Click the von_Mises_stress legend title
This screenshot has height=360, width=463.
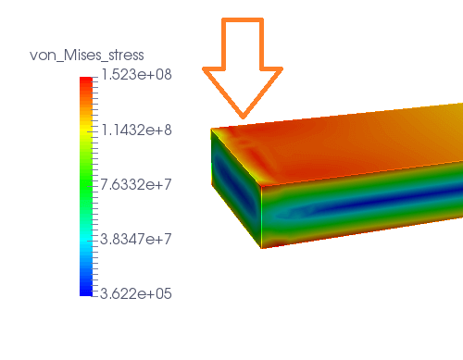[87, 56]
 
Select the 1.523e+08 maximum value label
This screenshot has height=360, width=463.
[136, 75]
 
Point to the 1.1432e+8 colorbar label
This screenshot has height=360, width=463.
[136, 130]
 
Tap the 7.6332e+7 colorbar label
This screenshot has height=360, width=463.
[135, 184]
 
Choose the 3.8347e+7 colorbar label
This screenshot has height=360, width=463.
[135, 239]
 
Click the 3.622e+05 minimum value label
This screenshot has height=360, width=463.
[135, 293]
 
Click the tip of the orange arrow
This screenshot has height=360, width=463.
[243, 118]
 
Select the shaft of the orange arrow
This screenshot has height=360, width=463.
[243, 43]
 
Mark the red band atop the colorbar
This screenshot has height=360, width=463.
[86, 81]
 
